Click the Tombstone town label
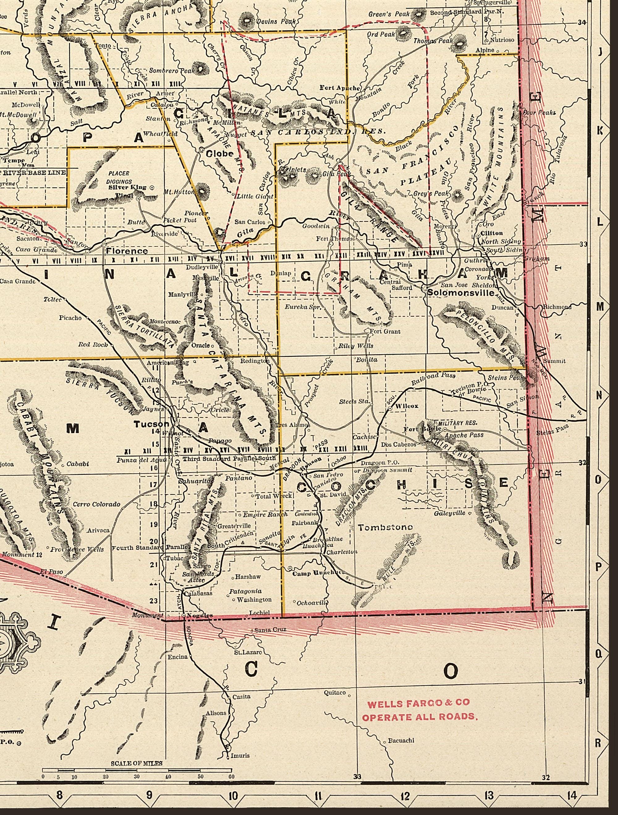pyautogui.click(x=385, y=527)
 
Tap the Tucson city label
pyautogui.click(x=151, y=424)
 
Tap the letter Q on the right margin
pyautogui.click(x=599, y=653)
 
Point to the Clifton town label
pyautogui.click(x=492, y=233)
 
